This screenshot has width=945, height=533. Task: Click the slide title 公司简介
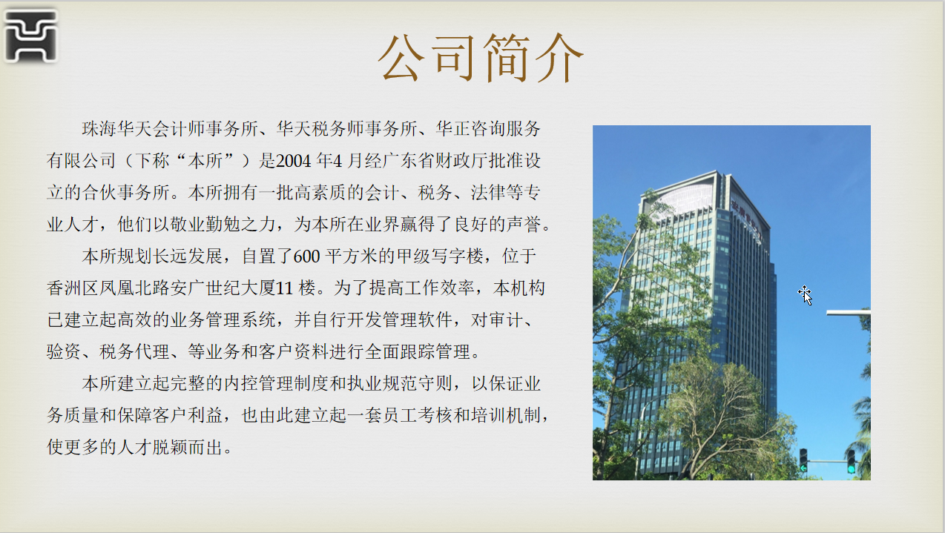tap(481, 58)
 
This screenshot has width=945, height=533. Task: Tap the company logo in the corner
tap(31, 36)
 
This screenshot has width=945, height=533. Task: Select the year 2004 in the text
tap(294, 161)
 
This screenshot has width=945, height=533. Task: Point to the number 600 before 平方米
tap(306, 256)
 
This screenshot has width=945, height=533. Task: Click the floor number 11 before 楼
tap(284, 288)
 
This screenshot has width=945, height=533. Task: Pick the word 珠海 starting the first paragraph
tap(99, 128)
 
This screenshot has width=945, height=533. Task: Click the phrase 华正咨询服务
tap(488, 128)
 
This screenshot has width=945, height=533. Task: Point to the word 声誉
tap(523, 225)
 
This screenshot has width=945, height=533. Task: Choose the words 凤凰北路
tap(134, 288)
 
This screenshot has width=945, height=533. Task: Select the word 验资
tap(64, 351)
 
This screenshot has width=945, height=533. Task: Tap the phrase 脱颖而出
tap(187, 447)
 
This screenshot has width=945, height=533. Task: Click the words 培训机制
tap(505, 415)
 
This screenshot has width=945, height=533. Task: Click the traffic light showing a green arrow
tap(803, 460)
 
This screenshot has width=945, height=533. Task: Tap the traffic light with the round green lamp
tap(852, 461)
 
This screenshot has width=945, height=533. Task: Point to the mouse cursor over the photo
tap(806, 295)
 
